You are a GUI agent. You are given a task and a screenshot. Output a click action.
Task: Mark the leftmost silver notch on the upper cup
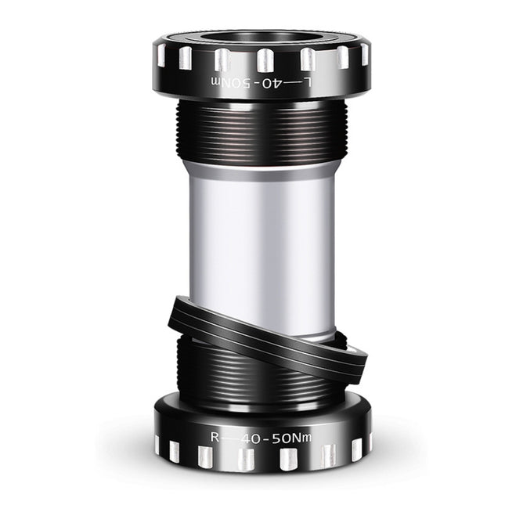[161, 55]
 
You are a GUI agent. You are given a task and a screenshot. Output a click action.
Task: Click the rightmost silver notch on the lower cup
[356, 449]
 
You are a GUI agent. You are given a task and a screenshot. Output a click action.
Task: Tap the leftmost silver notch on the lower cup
[157, 445]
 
